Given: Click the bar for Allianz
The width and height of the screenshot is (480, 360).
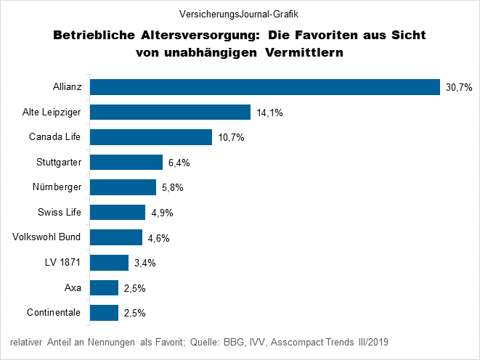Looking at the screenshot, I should point(265,87).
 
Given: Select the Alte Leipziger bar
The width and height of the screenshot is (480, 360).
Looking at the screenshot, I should point(170,112).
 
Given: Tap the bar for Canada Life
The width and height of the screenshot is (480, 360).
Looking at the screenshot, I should point(150,137).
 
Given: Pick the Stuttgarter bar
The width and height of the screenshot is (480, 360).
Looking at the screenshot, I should point(126,162).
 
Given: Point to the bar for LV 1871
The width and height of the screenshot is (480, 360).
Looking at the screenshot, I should point(109,262).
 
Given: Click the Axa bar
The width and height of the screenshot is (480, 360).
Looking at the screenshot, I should point(104,287).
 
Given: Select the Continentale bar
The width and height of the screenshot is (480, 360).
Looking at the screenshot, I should point(104,313).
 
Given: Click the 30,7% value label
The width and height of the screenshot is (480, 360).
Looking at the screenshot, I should point(458,87).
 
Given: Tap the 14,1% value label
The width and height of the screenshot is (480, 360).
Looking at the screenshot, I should point(267,112).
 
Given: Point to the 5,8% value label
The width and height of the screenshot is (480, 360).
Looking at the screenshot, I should point(171,187).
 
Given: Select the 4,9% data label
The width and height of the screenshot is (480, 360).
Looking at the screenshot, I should point(161,213).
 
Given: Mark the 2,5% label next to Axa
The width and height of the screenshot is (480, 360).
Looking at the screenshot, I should point(134,288).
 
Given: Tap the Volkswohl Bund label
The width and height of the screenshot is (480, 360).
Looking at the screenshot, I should point(47,237).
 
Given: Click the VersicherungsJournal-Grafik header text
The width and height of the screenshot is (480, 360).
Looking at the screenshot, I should point(240,14).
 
